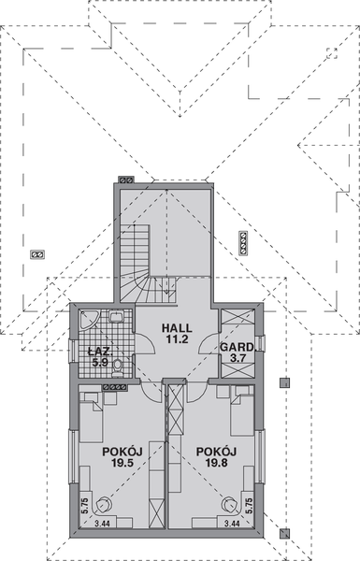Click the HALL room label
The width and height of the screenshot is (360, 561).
coord(177,328)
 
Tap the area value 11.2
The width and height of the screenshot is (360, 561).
coord(177,340)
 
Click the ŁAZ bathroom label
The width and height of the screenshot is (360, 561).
coord(99,351)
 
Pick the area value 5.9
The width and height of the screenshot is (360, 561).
coord(99,362)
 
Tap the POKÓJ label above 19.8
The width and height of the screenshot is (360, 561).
coord(217,451)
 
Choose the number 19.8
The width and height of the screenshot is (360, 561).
coord(217,463)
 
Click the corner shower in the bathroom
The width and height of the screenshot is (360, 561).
coord(87,320)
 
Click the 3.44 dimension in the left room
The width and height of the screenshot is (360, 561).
coord(100,525)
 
